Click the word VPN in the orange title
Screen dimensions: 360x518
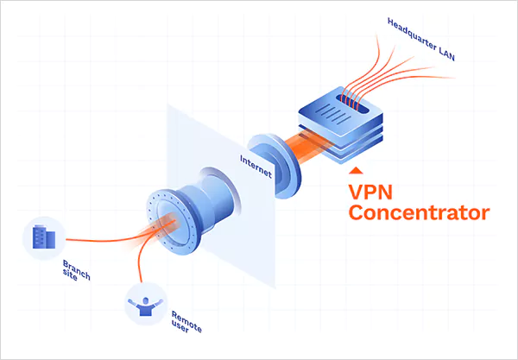click(370, 188)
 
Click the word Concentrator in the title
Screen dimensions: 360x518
click(419, 212)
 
